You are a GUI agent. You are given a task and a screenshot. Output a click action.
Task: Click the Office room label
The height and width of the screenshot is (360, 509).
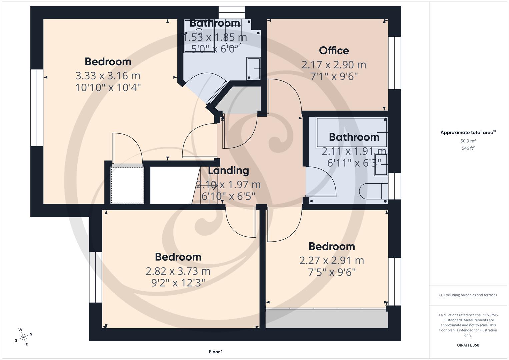click(334, 51)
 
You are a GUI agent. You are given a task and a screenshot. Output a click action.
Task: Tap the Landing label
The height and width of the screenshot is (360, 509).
click(228, 171)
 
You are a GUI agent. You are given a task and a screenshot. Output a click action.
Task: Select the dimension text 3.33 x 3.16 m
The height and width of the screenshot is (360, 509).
click(108, 76)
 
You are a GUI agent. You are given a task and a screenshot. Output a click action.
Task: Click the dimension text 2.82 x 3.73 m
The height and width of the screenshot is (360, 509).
click(178, 271)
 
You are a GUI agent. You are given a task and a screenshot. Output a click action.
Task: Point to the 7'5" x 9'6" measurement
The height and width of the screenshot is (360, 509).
click(332, 273)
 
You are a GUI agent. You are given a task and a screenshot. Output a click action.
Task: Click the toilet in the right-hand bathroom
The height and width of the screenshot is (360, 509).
click(373, 191)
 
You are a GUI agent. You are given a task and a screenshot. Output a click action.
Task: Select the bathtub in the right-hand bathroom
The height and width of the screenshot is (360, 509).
click(352, 133)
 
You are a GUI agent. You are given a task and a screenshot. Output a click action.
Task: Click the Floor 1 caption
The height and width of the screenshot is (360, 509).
click(216, 352)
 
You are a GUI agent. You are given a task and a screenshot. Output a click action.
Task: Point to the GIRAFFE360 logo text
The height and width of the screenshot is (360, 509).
click(468, 345)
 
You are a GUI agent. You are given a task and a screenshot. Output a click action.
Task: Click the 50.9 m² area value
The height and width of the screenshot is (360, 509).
click(468, 141)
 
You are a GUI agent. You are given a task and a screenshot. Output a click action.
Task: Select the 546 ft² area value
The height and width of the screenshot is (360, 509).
click(468, 148)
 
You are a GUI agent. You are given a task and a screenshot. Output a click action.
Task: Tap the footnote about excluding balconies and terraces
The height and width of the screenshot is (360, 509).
click(468, 295)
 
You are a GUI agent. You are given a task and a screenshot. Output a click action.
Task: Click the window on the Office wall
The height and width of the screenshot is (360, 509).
click(394, 63)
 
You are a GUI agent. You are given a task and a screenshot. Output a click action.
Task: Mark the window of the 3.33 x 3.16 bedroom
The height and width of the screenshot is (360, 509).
click(37, 108)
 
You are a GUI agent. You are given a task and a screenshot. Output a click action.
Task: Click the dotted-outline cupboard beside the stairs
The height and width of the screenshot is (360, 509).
click(127, 185)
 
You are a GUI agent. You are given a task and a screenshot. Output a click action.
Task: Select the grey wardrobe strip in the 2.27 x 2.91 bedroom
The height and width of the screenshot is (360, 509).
click(327, 319)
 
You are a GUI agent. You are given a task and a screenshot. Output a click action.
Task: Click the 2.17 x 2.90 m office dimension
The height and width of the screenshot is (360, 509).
click(334, 65)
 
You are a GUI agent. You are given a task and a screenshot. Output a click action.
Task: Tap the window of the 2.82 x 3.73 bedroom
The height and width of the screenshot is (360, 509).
click(95, 277)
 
